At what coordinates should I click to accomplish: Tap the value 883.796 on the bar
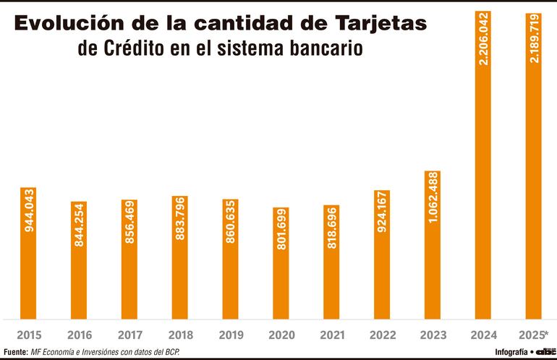point(180,220)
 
